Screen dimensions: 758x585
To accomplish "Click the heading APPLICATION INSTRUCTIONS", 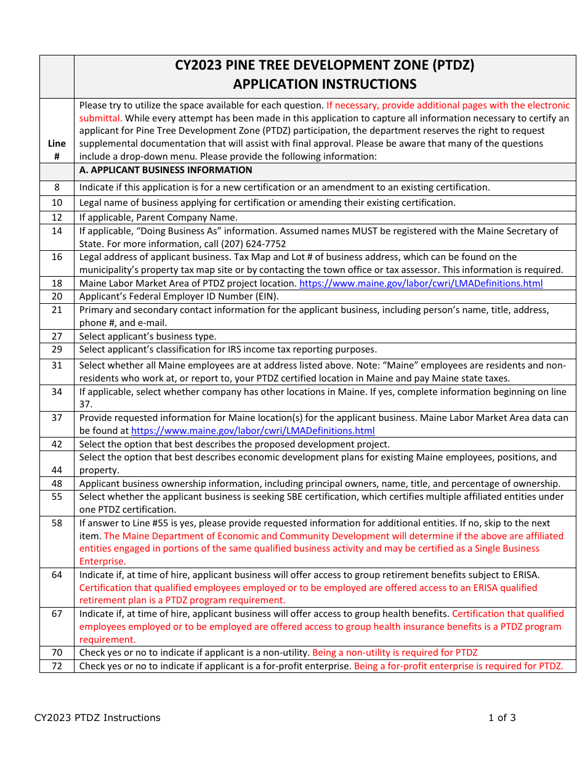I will pyautogui.click(x=325, y=84).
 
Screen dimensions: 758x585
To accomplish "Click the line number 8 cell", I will pyautogui.click(x=57, y=187).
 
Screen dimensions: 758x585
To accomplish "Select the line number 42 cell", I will pyautogui.click(x=57, y=444).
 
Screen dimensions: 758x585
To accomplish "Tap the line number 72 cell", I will pyautogui.click(x=57, y=666).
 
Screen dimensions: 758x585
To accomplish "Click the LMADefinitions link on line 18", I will pyautogui.click(x=421, y=283).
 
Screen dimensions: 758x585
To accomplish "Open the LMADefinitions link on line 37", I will pyautogui.click(x=252, y=431).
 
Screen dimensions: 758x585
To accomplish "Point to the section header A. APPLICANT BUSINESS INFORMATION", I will pyautogui.click(x=166, y=170).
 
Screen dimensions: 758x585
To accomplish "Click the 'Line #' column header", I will pyautogui.click(x=57, y=150).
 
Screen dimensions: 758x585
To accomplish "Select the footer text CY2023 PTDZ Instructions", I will pyautogui.click(x=97, y=717).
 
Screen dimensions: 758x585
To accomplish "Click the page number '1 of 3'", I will pyautogui.click(x=502, y=717).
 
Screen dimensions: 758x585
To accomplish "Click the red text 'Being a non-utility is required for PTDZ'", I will pyautogui.click(x=395, y=653).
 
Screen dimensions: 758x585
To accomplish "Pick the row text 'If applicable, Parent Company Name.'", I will pyautogui.click(x=158, y=218).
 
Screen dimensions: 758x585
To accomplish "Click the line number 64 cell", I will pyautogui.click(x=57, y=574).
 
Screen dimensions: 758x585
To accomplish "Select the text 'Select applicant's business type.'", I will pyautogui.click(x=148, y=336).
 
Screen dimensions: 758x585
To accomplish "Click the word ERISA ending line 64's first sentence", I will pyautogui.click(x=524, y=575).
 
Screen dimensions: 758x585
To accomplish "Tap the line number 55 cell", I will pyautogui.click(x=57, y=496).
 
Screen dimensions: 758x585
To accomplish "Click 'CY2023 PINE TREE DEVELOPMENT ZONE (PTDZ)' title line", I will pyautogui.click(x=325, y=65).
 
